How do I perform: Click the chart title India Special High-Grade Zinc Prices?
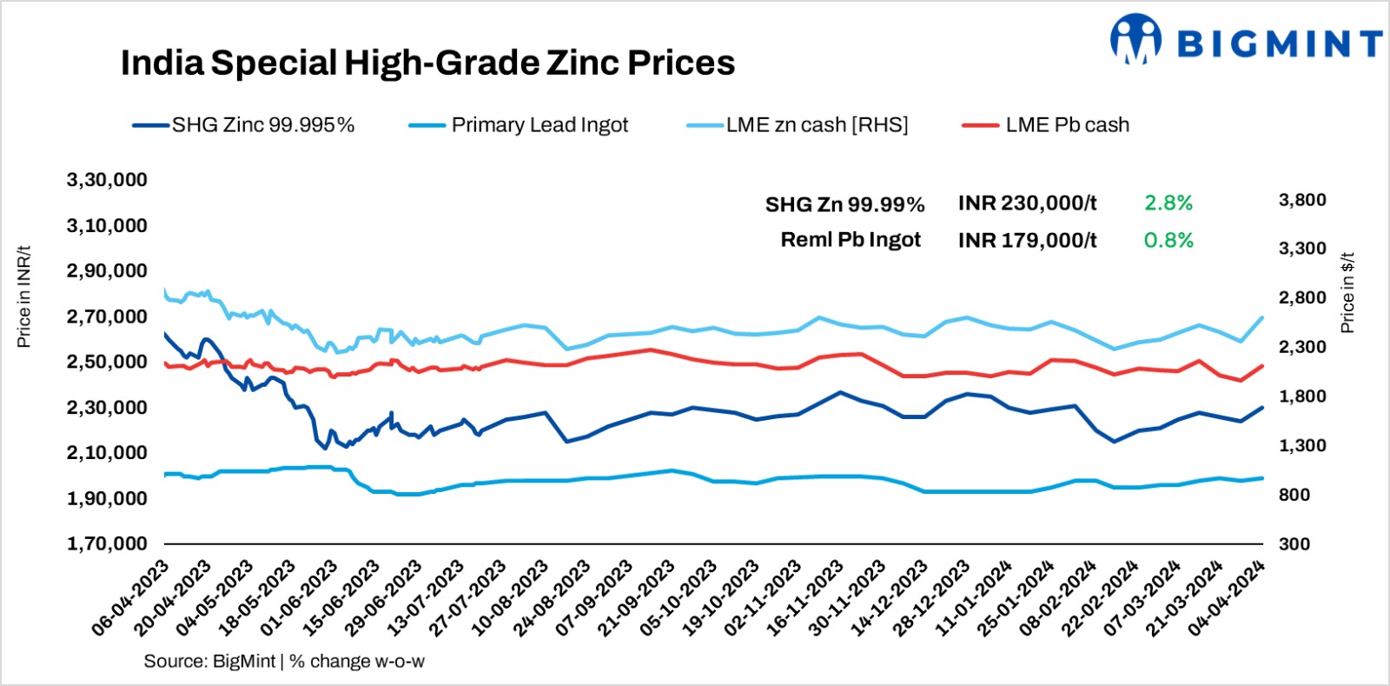coord(427,63)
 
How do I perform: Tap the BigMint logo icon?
coord(1135,39)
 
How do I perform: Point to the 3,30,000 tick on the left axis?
coord(107,180)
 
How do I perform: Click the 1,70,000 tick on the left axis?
coord(107,543)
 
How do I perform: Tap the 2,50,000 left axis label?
coord(107,362)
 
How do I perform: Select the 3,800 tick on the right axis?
coord(1301,200)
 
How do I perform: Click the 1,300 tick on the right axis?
coord(1301,445)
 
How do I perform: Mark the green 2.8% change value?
coord(1168,203)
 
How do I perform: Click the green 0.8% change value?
coord(1168,240)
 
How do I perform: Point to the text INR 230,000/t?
coord(1027,203)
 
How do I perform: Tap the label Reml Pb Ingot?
coord(851,240)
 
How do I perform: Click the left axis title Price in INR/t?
coord(24,296)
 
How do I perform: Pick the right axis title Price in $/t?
coord(1347,293)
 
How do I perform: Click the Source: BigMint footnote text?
coord(284,662)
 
